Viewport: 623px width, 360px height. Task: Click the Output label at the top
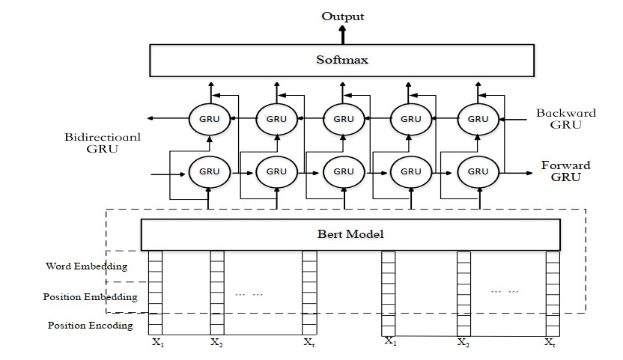[x=344, y=16]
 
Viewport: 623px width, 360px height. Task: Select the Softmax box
[x=344, y=60]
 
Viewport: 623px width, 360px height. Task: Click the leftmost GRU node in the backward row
[x=210, y=119]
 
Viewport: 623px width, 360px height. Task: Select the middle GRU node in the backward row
[x=344, y=119]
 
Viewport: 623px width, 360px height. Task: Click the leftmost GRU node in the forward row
[x=210, y=171]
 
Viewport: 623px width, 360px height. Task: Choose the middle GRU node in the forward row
[x=344, y=171]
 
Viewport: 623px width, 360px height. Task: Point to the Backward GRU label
[x=566, y=119]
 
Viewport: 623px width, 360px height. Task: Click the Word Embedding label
[x=87, y=266]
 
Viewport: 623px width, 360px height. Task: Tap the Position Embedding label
[x=91, y=297]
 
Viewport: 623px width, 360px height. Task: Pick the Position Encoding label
[x=91, y=326]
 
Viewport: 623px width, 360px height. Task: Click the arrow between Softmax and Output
[x=344, y=34]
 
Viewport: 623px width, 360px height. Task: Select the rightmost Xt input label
[x=550, y=343]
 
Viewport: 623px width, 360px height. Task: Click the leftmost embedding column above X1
[x=155, y=292]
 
